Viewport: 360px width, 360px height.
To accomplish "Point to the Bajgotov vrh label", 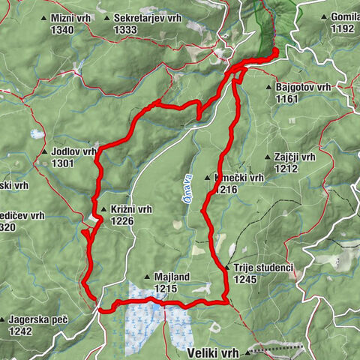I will pos(303,88).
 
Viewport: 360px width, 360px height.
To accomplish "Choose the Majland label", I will pos(172,277).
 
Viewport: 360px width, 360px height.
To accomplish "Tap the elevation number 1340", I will pos(64,29).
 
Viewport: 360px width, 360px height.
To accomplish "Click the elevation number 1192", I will pos(342,28).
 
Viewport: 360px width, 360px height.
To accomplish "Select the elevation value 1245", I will pos(244,279).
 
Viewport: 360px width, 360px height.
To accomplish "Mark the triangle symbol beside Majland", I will pos(148,277).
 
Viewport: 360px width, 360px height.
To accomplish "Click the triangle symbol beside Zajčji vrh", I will pos(268,157).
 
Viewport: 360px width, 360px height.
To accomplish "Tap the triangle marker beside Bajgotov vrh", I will pos(268,88).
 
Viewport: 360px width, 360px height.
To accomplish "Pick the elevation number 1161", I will pos(286,99).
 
